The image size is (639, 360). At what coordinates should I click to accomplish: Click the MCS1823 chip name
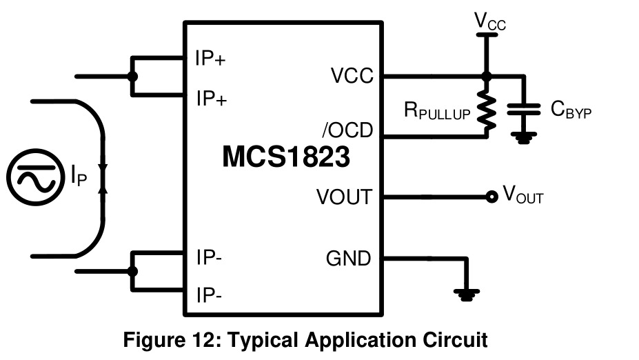(x=286, y=157)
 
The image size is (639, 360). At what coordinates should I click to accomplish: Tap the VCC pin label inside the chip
(x=352, y=75)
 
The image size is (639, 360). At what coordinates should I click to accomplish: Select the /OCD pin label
(x=347, y=130)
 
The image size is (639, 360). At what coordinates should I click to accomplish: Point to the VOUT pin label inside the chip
(x=345, y=197)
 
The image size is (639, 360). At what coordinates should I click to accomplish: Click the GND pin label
(x=348, y=258)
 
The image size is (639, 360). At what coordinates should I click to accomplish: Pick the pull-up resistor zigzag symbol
(x=486, y=110)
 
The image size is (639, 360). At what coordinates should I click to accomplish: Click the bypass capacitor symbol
(x=524, y=109)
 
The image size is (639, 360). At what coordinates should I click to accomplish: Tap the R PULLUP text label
(x=437, y=110)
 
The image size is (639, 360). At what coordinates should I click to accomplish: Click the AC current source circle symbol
(x=36, y=177)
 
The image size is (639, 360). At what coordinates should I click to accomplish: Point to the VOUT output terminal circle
(x=492, y=197)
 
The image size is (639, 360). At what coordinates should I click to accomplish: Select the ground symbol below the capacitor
(x=524, y=138)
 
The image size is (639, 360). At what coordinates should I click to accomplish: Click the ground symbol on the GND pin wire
(x=467, y=294)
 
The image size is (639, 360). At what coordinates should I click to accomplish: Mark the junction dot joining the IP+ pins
(x=132, y=77)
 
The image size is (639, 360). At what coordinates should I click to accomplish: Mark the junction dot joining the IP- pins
(x=132, y=271)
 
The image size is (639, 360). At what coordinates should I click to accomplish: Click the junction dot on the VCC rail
(x=486, y=76)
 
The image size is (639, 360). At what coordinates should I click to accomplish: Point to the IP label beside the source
(x=79, y=175)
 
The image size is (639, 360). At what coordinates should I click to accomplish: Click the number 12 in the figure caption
(x=201, y=339)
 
